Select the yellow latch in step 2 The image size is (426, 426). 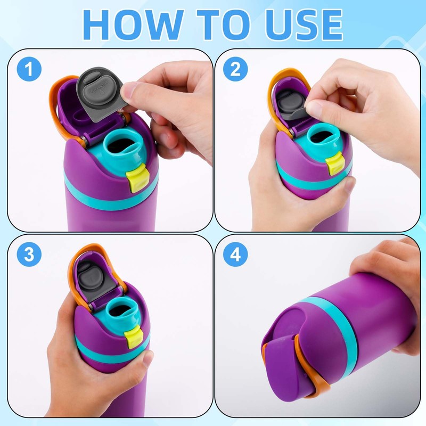(x=334, y=163)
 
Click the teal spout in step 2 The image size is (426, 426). (x=323, y=135)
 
